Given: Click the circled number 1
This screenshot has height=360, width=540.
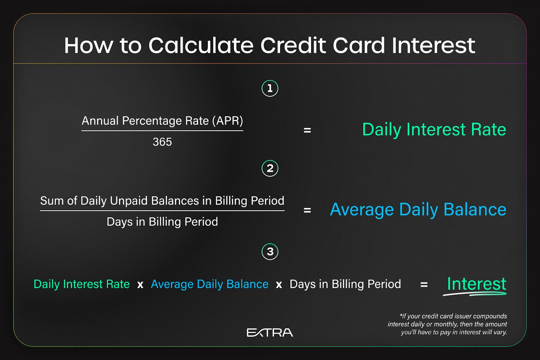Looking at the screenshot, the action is pos(270,88).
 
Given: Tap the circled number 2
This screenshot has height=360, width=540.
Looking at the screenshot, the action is pos(270,168).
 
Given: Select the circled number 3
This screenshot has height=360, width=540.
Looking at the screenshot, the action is pos(270,252).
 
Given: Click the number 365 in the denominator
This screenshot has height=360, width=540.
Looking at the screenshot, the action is pos(162,142).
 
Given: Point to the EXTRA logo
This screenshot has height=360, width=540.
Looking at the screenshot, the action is pos(270,333).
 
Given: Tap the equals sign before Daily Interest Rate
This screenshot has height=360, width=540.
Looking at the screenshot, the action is pos(307,130).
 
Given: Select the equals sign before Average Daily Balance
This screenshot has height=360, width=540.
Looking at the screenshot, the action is pos(307,210).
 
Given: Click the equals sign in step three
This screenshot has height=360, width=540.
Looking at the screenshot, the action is pos(424,284).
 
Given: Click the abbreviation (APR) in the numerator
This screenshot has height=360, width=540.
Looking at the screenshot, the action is pos(227,121).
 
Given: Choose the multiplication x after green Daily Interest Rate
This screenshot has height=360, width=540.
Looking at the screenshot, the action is pos(140,285).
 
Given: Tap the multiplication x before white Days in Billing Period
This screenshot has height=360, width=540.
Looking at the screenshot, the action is pos(279,285).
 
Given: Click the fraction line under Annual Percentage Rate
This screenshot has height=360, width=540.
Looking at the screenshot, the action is pos(162,131).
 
